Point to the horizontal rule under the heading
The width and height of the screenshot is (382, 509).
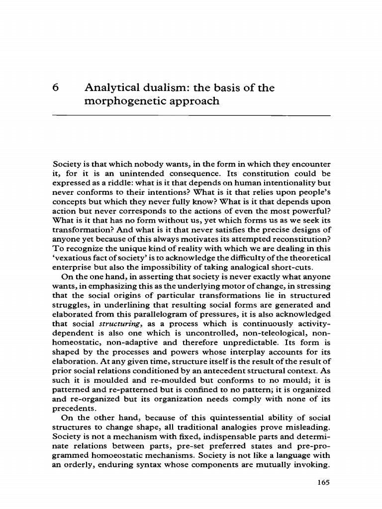tap(191, 115)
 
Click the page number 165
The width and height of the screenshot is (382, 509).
tap(323, 482)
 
